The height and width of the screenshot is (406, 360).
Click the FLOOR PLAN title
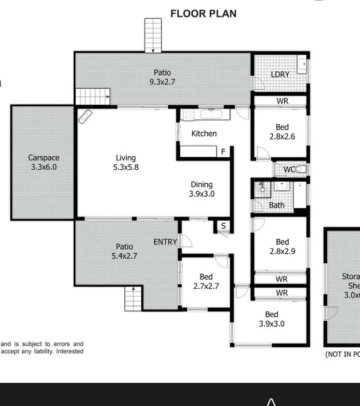click(x=203, y=14)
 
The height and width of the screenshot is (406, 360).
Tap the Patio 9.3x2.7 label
click(x=162, y=77)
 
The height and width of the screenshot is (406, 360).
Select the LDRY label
click(x=280, y=74)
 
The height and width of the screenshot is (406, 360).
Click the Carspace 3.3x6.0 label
click(x=44, y=162)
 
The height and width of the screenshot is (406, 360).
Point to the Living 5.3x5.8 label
click(x=125, y=162)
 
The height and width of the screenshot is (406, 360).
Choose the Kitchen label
click(x=204, y=134)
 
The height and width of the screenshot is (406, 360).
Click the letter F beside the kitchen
click(x=223, y=152)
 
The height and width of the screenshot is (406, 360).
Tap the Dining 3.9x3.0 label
click(x=201, y=189)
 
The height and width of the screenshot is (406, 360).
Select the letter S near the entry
click(x=223, y=226)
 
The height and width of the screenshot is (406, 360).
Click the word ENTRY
click(x=165, y=242)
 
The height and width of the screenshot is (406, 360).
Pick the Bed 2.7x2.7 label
click(x=206, y=281)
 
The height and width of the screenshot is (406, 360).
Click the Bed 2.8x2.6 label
click(x=282, y=132)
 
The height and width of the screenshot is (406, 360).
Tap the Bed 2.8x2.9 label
click(x=282, y=246)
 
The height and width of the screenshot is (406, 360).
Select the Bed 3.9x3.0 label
click(x=271, y=319)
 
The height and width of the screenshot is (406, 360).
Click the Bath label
click(x=277, y=205)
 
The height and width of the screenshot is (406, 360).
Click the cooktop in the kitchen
click(x=187, y=115)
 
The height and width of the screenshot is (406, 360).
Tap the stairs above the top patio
click(x=153, y=35)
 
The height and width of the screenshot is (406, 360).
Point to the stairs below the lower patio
click(x=133, y=298)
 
